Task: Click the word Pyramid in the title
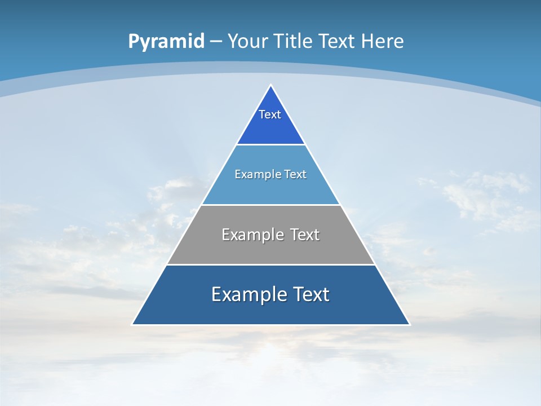coord(166,42)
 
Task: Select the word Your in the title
coord(249,42)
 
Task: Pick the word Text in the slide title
coord(338,42)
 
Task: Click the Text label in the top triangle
coord(270,114)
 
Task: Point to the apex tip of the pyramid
coord(271,86)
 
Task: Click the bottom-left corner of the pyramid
coord(133,324)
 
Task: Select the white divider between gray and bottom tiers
coord(270,264)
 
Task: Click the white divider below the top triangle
coord(270,145)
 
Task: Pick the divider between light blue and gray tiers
coord(270,205)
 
